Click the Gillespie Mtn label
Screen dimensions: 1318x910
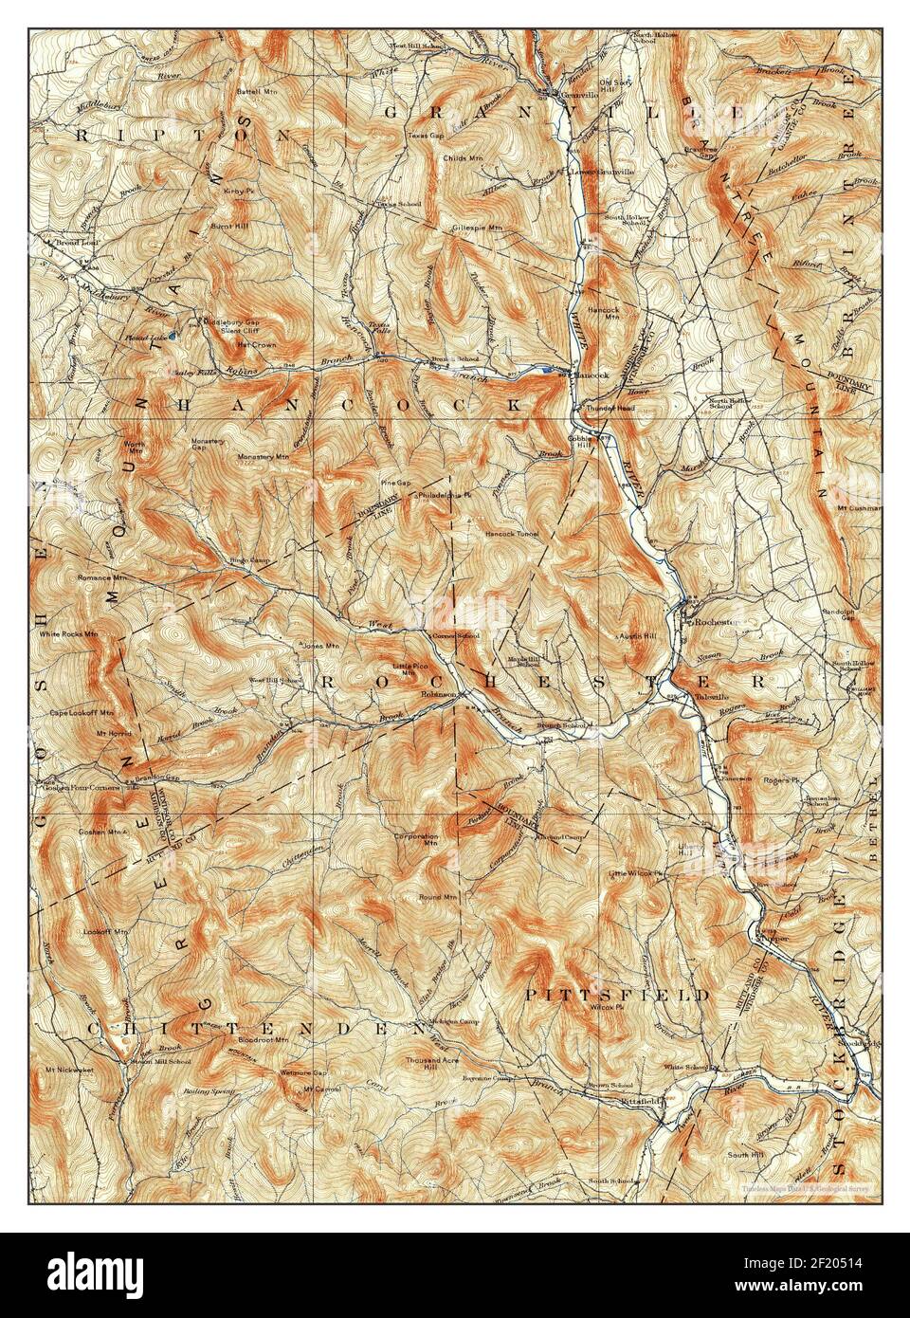[476, 229]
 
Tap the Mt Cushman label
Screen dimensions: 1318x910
[859, 507]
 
